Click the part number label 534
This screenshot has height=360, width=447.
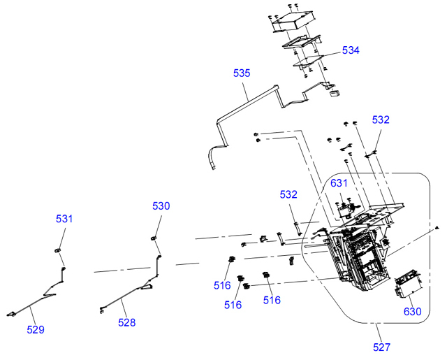click(x=351, y=50)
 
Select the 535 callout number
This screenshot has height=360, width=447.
click(x=242, y=73)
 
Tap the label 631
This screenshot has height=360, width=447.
click(x=339, y=183)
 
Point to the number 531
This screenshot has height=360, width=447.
click(x=64, y=219)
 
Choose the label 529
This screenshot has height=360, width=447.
click(x=35, y=329)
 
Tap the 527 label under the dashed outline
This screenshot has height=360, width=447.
click(x=381, y=347)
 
